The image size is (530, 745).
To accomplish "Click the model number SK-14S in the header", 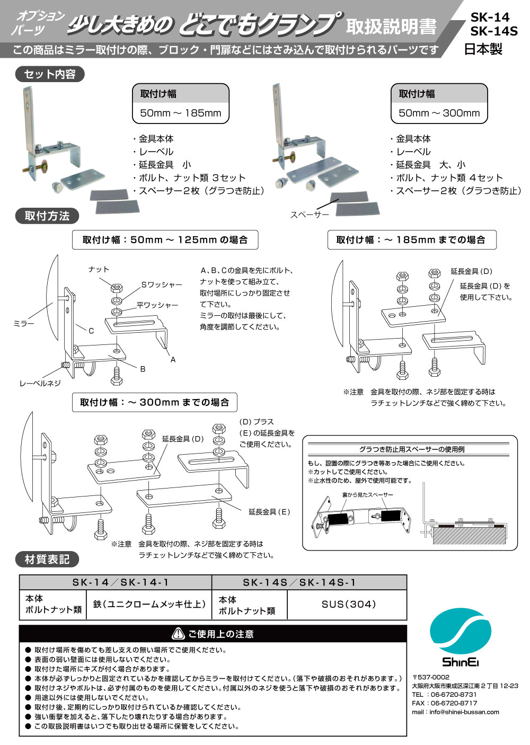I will point(493,31).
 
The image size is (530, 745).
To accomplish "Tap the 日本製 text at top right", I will point(483,49).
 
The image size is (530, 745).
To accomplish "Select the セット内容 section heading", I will point(50,74).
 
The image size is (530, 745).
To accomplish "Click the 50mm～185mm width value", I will point(180,113).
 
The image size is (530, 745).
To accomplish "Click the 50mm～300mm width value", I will point(439,113).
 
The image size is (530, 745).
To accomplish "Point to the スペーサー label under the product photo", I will point(310,215).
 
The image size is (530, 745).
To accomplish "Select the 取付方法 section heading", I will point(47,216).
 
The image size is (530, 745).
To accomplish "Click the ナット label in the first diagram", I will point(99,269).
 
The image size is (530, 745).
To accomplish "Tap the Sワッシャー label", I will point(161,285).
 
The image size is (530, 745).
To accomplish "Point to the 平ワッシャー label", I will point(157,305).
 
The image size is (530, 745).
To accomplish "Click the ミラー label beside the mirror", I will point(24,323).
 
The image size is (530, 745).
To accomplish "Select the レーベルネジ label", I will point(40,383).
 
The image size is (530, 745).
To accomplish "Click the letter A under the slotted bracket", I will point(173,360).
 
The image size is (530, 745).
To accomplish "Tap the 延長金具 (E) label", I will point(269,512).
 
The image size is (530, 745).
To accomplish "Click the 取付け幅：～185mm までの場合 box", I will point(411,240).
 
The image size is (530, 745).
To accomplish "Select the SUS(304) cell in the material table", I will point(348,604).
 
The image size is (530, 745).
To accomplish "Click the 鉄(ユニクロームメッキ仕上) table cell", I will point(149,604).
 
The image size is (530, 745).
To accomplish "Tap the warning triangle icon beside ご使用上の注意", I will point(178,634).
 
